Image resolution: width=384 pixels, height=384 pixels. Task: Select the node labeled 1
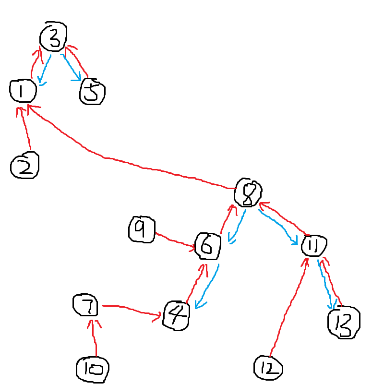[x=23, y=91]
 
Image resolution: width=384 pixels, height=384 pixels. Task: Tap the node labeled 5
[x=92, y=91]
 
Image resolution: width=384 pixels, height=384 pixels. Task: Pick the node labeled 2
[x=24, y=166]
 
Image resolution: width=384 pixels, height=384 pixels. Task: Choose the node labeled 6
[x=208, y=245]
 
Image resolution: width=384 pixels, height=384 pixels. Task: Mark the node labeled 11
[x=313, y=246]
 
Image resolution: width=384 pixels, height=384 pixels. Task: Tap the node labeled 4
[x=176, y=315]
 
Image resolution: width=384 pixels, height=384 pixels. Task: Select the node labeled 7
[x=86, y=306]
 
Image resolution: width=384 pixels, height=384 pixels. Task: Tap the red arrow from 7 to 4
[x=130, y=310]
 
